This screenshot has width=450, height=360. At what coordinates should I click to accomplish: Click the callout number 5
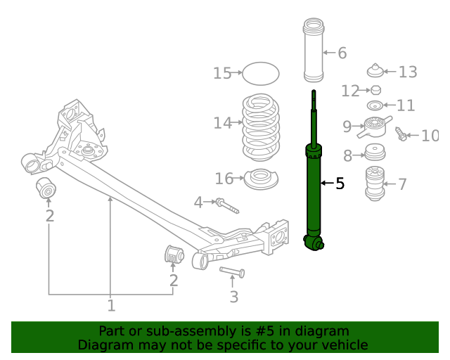pyautogui.click(x=340, y=184)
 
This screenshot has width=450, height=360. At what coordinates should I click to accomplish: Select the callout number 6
pyautogui.click(x=342, y=53)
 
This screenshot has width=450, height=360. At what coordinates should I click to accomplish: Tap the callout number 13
pyautogui.click(x=408, y=72)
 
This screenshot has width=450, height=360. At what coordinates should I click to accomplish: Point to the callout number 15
pyautogui.click(x=222, y=73)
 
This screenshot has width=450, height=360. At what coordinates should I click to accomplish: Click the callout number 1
pyautogui.click(x=111, y=305)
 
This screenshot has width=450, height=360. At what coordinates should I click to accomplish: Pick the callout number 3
pyautogui.click(x=234, y=297)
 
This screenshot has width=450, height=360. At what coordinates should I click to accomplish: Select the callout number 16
pyautogui.click(x=224, y=179)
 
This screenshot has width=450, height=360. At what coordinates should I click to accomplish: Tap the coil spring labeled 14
pyautogui.click(x=260, y=127)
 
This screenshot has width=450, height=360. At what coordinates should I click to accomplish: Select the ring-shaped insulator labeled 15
pyautogui.click(x=260, y=72)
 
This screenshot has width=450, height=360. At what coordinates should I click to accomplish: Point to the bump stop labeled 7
pyautogui.click(x=375, y=184)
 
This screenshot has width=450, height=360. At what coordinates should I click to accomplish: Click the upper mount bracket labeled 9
pyautogui.click(x=375, y=128)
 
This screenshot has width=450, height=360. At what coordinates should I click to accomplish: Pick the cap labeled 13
pyautogui.click(x=375, y=71)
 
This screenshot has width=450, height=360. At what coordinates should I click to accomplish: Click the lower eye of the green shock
pyautogui.click(x=314, y=243)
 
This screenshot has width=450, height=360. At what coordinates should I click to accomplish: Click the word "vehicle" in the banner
pyautogui.click(x=342, y=345)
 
